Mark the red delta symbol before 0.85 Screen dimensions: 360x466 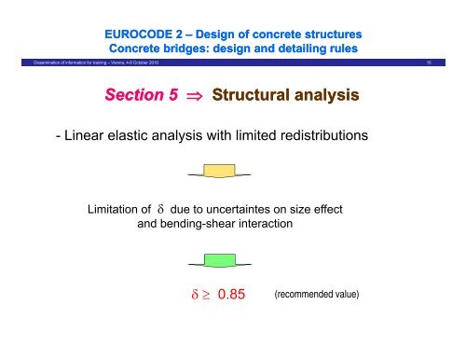(x=193, y=296)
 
